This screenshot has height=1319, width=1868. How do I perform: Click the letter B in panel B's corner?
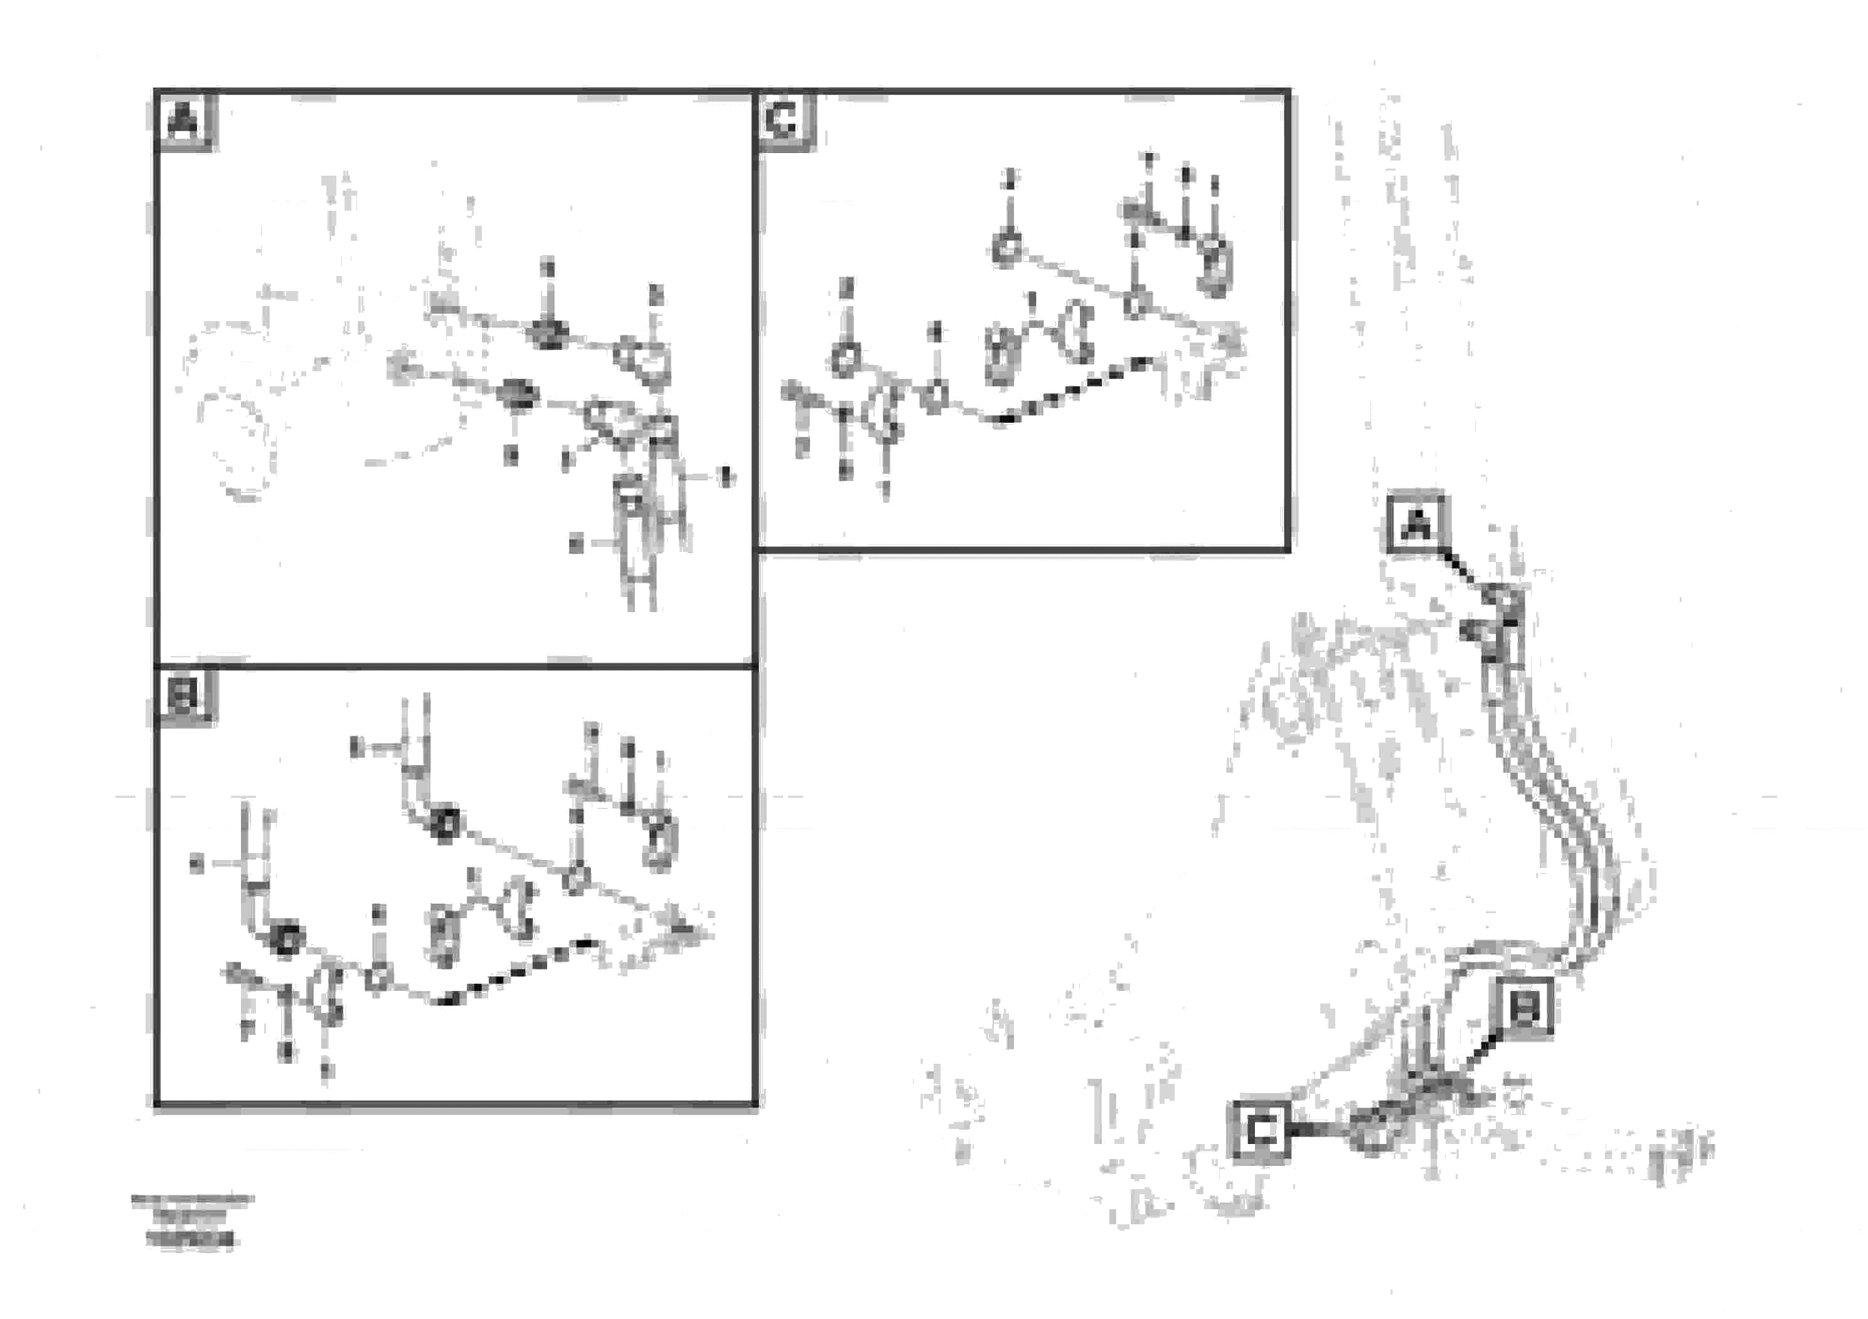click(184, 696)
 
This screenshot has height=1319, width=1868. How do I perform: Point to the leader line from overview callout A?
click(1465, 571)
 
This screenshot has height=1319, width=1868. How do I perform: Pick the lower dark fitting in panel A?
click(518, 394)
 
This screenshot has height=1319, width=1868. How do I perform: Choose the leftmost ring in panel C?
click(846, 358)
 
